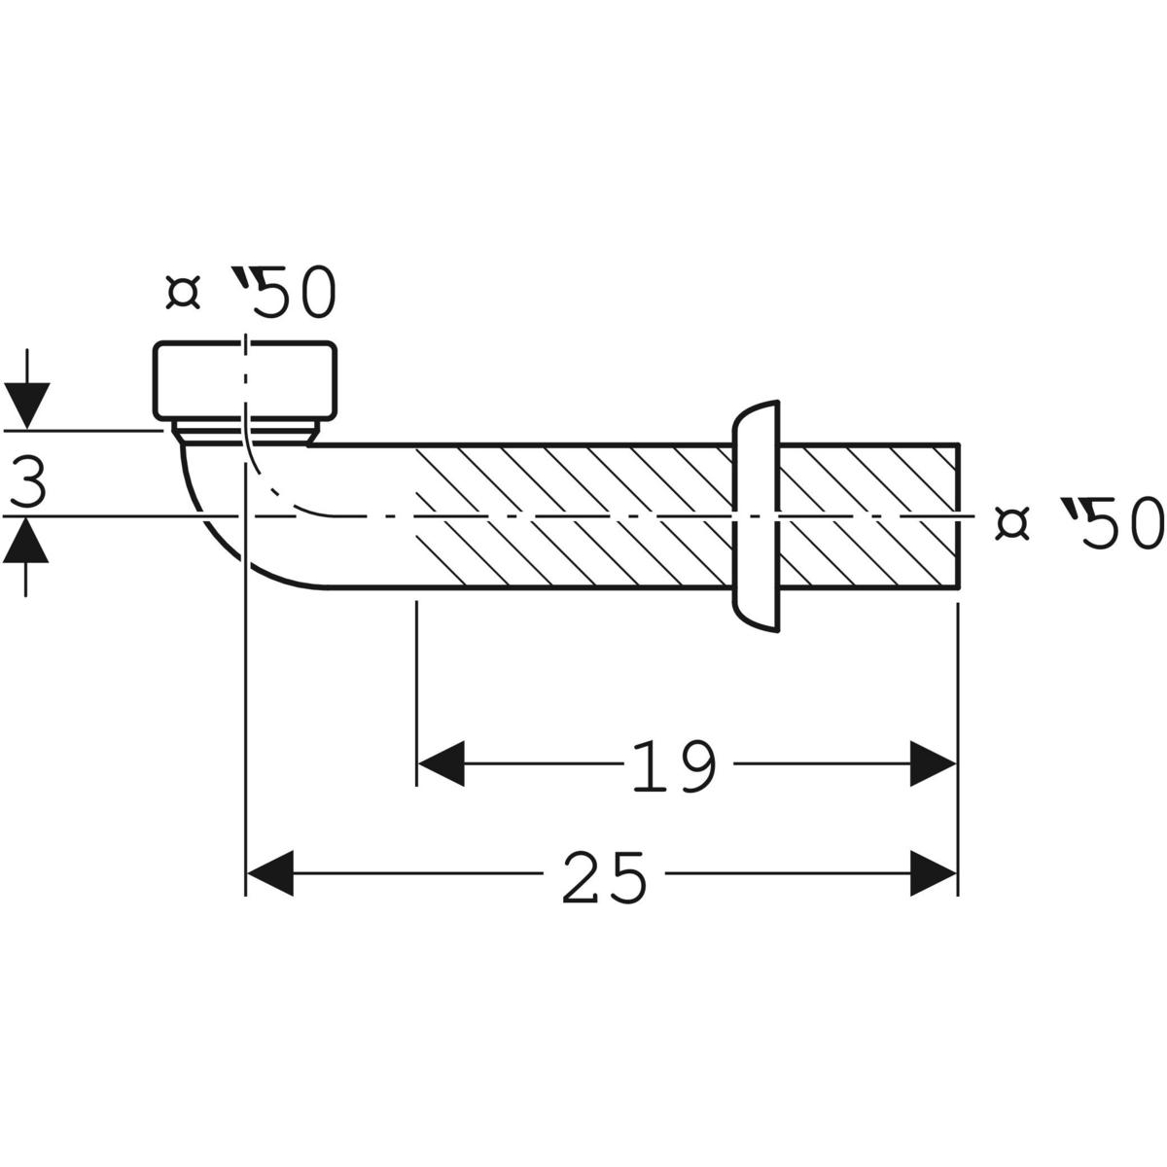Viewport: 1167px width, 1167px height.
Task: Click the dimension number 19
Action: (x=674, y=765)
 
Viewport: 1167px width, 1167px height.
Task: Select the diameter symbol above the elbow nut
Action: (x=183, y=293)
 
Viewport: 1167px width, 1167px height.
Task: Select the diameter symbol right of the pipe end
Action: (x=1012, y=523)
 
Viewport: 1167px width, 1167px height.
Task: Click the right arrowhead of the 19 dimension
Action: (x=934, y=762)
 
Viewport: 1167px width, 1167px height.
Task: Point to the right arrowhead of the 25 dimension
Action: (x=934, y=873)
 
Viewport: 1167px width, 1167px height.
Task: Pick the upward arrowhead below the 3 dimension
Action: (x=26, y=541)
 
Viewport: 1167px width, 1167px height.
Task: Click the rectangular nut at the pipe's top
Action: (x=245, y=379)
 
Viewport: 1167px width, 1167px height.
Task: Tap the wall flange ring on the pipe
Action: (x=757, y=515)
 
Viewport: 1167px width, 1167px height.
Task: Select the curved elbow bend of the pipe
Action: (x=233, y=525)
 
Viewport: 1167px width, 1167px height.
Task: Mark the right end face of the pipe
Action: (x=960, y=515)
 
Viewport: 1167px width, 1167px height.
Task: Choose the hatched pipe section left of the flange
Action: (x=574, y=515)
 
